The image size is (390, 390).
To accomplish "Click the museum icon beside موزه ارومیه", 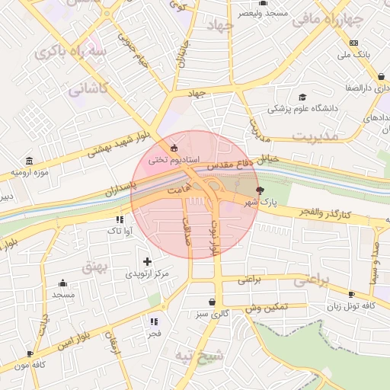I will point(29,161).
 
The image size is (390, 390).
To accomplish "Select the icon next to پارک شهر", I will point(261,190).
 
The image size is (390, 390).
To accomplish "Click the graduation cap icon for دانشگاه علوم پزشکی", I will point(302,97).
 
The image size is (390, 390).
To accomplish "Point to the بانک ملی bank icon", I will point(353,43).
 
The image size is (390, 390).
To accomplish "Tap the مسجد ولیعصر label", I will point(264,14).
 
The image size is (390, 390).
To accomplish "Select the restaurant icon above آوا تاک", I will point(109,219).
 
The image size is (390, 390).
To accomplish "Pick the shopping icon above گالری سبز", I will point(211,302).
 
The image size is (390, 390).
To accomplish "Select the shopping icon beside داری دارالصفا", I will point(381,76).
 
